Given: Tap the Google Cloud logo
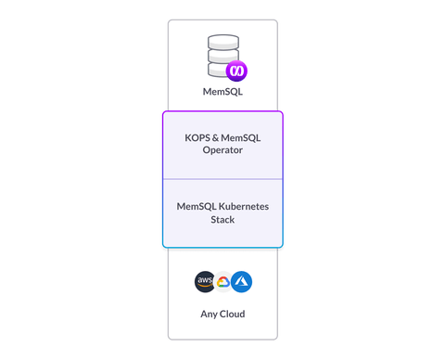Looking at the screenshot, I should point(222,282).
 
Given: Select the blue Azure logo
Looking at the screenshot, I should point(241,282).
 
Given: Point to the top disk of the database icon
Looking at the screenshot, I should point(222,43).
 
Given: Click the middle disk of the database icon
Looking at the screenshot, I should point(221,57).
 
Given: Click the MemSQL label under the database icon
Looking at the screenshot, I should point(222,92).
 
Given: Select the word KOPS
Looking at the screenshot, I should point(199,137).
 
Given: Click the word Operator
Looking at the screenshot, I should point(222,149).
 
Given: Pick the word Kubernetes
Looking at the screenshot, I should point(243,206).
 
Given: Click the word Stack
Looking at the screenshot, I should point(222,219).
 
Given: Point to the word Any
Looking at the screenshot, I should point(208,314).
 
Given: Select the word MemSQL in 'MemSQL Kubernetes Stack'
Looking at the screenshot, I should point(196,206).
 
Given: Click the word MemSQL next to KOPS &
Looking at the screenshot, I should point(244,137).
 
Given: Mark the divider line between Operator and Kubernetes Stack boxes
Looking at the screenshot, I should point(222,179).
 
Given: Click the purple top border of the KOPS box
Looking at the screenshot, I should point(222,112).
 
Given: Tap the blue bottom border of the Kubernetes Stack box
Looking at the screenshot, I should point(222,248).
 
